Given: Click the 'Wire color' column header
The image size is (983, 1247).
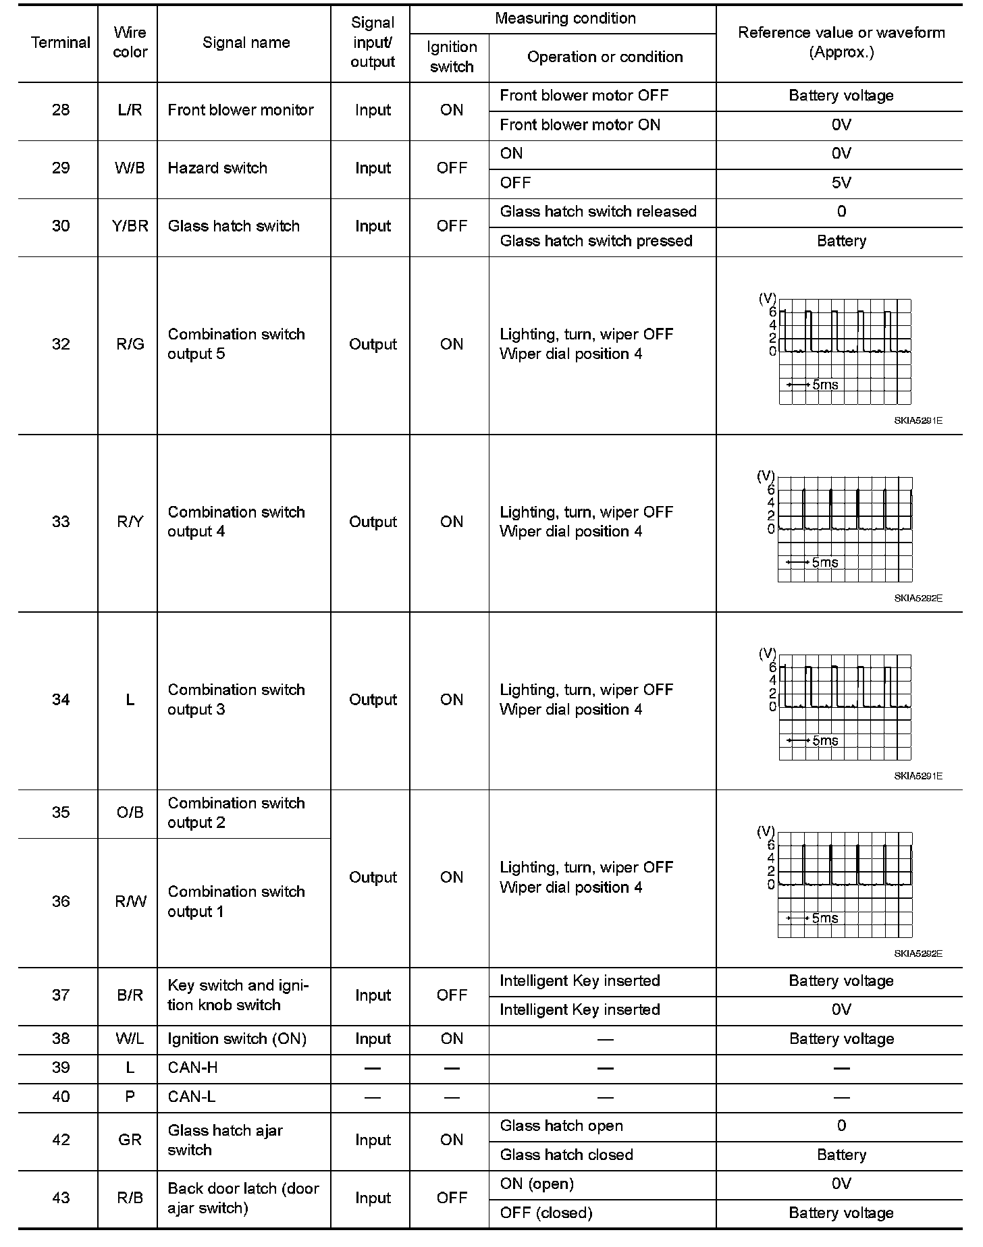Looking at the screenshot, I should point(129,43).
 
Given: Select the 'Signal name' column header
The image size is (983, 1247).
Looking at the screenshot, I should point(246,43).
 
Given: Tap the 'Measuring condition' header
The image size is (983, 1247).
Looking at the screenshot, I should point(565,18).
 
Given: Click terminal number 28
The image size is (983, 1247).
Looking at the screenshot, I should point(61,110).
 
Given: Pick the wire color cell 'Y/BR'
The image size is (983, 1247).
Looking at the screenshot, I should point(130,226).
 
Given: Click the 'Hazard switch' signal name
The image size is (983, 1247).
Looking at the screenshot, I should point(217,168).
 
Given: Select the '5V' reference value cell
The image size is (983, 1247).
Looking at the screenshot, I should point(841,183).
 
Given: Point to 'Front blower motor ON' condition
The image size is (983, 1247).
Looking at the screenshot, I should point(580,125).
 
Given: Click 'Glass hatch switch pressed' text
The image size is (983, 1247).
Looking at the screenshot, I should point(596,241).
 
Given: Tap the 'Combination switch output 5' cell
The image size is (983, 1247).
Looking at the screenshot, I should point(236,344).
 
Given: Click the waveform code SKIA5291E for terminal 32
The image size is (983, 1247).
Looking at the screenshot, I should point(918,420).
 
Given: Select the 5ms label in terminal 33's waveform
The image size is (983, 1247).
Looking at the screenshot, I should point(824,563).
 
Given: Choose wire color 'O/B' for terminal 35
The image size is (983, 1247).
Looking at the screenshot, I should point(130,812).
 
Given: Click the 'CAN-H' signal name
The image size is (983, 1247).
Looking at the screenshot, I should point(192,1068).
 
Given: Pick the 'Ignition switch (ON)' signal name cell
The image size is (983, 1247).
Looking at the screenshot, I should point(237,1039).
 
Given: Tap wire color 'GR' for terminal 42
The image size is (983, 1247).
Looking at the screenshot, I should point(130,1140).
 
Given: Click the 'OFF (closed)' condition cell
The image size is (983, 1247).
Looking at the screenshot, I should point(546,1213).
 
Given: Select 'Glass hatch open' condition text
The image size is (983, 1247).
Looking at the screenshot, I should point(561,1126).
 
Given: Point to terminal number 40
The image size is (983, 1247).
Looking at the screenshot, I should point(61,1097).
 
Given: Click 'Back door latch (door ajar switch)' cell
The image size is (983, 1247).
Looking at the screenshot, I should point(243,1198).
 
